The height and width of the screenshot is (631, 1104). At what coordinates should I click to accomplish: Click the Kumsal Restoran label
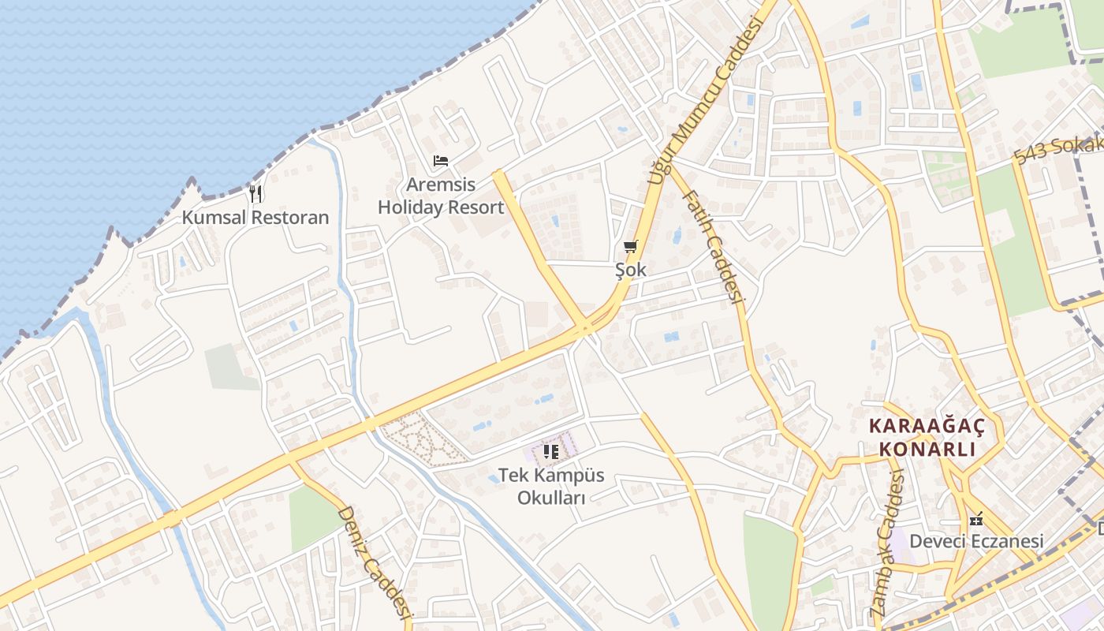click(x=255, y=217)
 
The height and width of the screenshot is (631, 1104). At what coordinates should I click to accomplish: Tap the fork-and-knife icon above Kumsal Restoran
click(x=255, y=193)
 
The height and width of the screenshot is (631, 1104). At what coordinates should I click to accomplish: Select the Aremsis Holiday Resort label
click(x=441, y=196)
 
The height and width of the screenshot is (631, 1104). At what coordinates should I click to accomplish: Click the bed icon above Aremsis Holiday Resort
click(x=441, y=161)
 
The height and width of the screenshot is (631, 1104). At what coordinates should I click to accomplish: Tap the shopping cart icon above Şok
click(x=630, y=247)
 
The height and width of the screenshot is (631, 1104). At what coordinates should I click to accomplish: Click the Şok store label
click(x=631, y=270)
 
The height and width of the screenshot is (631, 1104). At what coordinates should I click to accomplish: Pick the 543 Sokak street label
click(x=1057, y=149)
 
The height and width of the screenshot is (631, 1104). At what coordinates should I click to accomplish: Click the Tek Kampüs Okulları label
click(x=551, y=487)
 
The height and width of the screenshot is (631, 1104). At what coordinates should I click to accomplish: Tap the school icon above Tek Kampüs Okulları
click(x=551, y=452)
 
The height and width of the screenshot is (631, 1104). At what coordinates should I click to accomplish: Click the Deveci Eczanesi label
click(x=976, y=541)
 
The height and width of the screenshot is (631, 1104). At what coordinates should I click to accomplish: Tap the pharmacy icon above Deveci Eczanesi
click(x=976, y=520)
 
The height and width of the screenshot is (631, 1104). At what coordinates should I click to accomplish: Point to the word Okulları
click(x=551, y=498)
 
